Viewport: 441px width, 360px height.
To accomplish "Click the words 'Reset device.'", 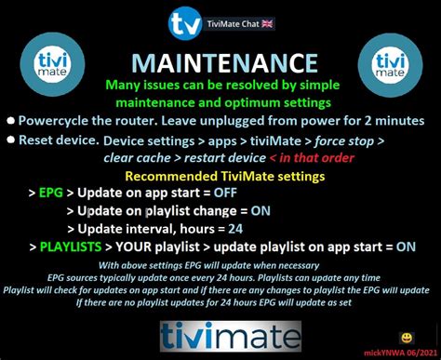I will click(x=59, y=140).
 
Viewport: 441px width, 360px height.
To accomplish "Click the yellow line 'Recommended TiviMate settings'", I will click(x=220, y=175).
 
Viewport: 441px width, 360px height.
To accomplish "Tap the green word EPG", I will click(x=52, y=193).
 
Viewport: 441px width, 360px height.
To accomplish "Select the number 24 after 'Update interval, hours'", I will click(x=235, y=229).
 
